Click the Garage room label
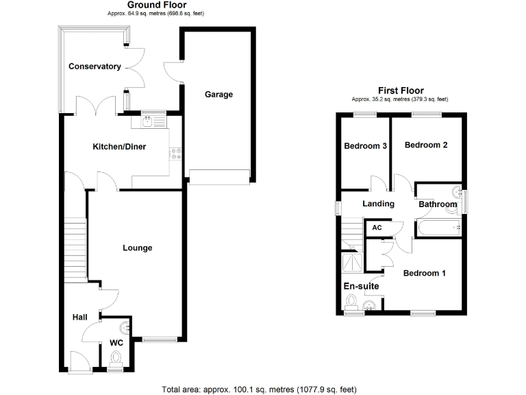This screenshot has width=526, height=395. [x=219, y=95]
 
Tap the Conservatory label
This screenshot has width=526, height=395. [x=95, y=67]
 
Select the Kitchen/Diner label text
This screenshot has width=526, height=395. [x=120, y=146]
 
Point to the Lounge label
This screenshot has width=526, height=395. [x=137, y=248]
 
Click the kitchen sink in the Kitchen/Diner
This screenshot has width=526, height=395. [x=150, y=122]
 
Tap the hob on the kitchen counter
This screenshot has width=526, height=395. [x=177, y=154]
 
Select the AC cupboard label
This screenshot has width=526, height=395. [x=377, y=228]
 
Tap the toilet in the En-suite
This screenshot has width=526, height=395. [x=353, y=302]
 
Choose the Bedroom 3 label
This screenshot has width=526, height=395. [x=366, y=146]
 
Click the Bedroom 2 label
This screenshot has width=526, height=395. [x=425, y=145]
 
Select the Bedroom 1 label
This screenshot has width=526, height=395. [x=424, y=273]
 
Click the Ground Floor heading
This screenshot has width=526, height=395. [x=156, y=5]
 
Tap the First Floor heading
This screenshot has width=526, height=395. [x=401, y=91]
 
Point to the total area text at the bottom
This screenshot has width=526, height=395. [x=259, y=389]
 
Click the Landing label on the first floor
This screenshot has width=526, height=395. [x=378, y=204]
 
